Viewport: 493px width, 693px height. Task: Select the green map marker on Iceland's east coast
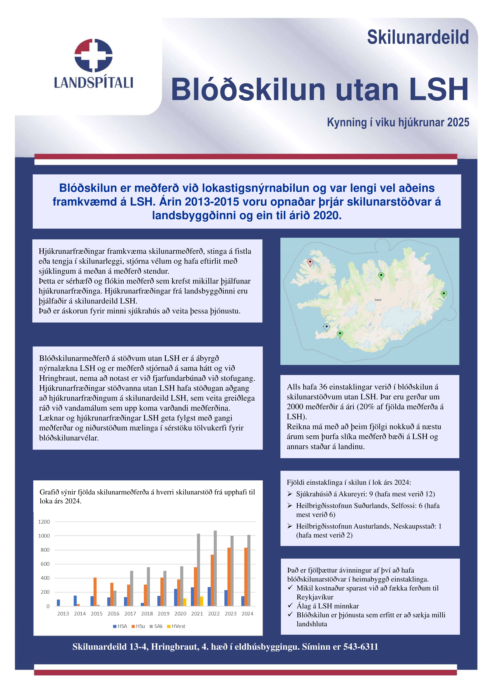point(444,294)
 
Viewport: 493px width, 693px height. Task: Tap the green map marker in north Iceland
point(381,276)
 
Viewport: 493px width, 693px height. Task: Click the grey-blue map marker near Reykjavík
point(327,327)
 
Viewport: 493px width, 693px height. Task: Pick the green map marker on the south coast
point(340,334)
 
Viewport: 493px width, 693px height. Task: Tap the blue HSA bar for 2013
point(58,603)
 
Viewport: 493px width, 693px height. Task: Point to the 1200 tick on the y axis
point(44,522)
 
